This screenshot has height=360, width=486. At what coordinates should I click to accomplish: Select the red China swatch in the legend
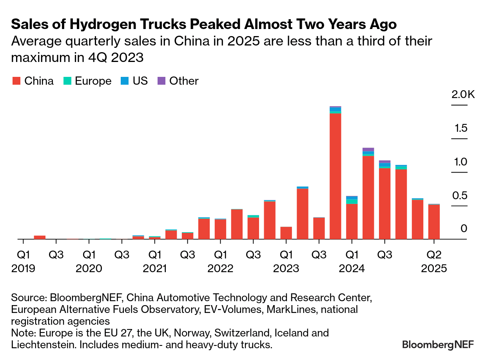tap(16, 81)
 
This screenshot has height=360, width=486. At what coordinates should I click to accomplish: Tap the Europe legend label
tap(93, 81)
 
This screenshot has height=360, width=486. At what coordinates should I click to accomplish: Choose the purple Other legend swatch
tap(161, 81)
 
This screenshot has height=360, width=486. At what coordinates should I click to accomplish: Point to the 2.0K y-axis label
tap(463, 95)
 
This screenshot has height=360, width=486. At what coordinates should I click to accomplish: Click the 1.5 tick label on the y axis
tap(461, 128)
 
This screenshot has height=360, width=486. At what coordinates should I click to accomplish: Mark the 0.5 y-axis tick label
tap(461, 195)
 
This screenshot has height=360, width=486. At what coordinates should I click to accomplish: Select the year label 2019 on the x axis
tap(24, 269)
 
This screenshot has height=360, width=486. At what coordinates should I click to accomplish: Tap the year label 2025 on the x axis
tap(434, 269)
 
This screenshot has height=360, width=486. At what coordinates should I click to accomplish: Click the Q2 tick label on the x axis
tap(434, 255)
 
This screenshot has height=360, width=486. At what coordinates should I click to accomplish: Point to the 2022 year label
tap(221, 269)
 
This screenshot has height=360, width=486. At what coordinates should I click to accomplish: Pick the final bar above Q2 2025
tap(434, 222)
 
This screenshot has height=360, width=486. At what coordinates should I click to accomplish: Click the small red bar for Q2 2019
tap(40, 237)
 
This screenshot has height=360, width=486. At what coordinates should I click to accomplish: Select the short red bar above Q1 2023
tap(286, 233)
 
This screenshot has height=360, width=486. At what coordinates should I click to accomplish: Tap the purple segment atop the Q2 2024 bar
tap(368, 149)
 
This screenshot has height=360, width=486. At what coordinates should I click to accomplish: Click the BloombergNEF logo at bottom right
tap(438, 344)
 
